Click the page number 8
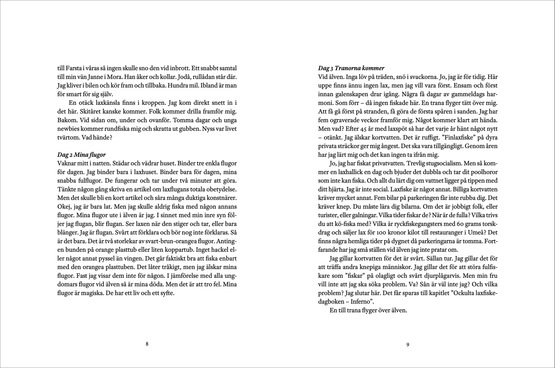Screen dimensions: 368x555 [147, 344]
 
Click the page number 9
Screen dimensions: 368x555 [408, 345]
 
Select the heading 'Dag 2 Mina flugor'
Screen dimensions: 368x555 [82, 155]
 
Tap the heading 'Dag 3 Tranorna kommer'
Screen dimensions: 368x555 [351, 68]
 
